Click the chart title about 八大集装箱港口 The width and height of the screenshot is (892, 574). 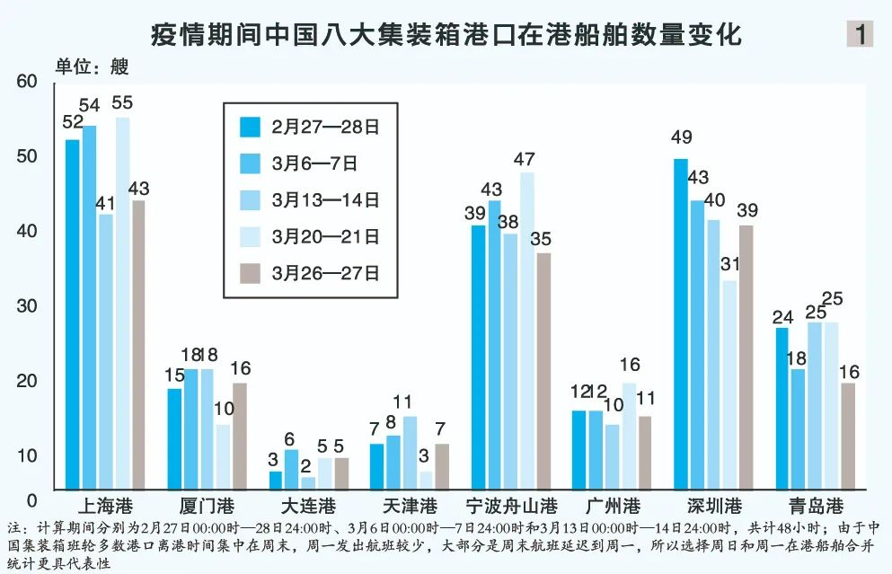(446, 35)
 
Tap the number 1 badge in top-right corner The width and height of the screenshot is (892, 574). (860, 34)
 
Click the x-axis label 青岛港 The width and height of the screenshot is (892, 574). (815, 507)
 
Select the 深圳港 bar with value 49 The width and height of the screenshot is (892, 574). (680, 323)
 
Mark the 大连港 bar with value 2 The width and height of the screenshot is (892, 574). (308, 482)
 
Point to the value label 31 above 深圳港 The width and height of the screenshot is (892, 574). (730, 264)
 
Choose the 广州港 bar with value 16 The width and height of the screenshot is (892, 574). (629, 436)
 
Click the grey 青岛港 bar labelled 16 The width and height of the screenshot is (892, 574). (848, 436)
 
